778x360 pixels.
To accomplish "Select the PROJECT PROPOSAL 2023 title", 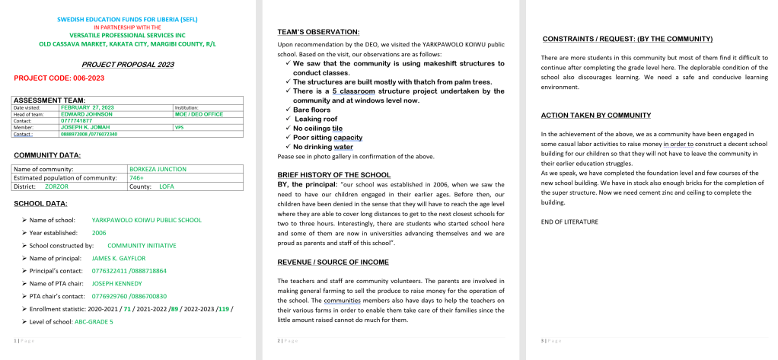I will point(127,65).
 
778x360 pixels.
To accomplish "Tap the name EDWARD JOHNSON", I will point(84,114).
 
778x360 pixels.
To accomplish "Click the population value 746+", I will point(137,177).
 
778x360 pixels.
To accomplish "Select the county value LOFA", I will point(167,186).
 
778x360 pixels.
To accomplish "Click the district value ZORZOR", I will point(56,186).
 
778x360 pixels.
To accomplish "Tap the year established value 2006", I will point(99,232).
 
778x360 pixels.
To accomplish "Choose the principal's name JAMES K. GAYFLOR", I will point(118,258).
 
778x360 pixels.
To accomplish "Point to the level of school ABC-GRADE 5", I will point(94,322).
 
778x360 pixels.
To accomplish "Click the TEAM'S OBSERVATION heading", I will point(318,32).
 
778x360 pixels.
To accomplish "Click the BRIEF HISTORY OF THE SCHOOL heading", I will point(334,175).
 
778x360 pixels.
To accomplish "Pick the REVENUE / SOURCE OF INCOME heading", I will point(333,262).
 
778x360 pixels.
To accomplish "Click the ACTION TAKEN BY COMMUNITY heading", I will point(595,116).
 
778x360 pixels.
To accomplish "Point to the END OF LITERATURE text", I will point(569,221).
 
